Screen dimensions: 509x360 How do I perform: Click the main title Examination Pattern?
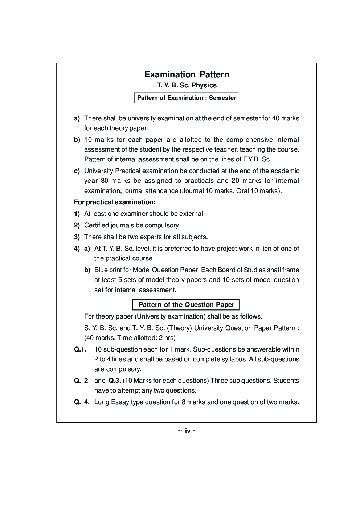pos(187,74)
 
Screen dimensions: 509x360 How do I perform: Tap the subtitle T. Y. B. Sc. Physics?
pos(187,86)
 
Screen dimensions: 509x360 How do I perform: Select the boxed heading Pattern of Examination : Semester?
pos(186,98)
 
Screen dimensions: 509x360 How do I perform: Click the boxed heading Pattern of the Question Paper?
pos(186,305)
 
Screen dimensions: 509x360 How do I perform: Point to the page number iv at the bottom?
pos(188,431)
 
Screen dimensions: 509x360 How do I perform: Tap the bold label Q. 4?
pos(82,402)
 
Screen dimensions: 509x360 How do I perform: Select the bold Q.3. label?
pos(115,381)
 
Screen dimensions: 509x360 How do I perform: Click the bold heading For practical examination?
pos(115,202)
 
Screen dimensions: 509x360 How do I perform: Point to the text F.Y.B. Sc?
pos(258,159)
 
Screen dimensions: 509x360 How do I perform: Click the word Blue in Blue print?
pos(101,270)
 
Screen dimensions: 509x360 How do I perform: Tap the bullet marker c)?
pos(77,171)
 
